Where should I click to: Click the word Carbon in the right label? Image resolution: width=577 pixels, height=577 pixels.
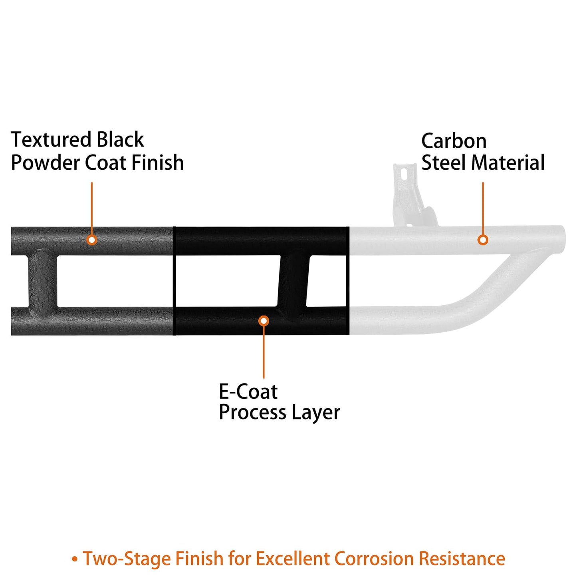[x=454, y=141]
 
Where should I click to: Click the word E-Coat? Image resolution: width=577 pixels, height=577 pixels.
[x=248, y=392]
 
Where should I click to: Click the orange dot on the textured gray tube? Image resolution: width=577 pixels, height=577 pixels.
[x=92, y=240]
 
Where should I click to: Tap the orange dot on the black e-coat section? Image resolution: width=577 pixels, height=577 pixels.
[x=264, y=321]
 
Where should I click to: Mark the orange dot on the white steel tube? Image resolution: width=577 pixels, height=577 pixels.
[x=483, y=240]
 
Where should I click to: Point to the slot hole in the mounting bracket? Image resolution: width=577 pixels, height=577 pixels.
[x=403, y=174]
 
